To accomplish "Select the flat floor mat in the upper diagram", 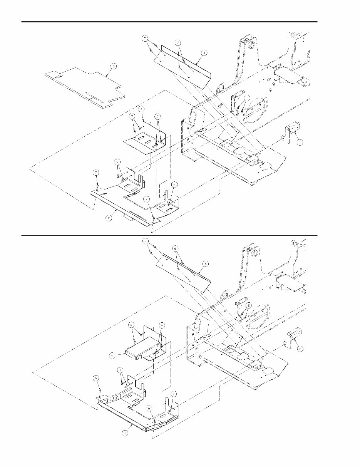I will coord(83,85).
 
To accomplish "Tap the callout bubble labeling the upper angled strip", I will coord(204,52).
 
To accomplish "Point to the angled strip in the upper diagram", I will coord(185,64).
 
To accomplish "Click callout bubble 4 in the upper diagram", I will coord(142,109).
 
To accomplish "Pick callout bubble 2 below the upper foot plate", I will coord(110,218).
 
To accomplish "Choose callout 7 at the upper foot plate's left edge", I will coord(96,172).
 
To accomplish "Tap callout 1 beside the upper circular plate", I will coord(247,98).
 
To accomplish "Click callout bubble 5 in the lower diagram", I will coord(206,264).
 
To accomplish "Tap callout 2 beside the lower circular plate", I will coord(249,305).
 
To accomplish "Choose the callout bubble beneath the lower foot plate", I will coord(125,433).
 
